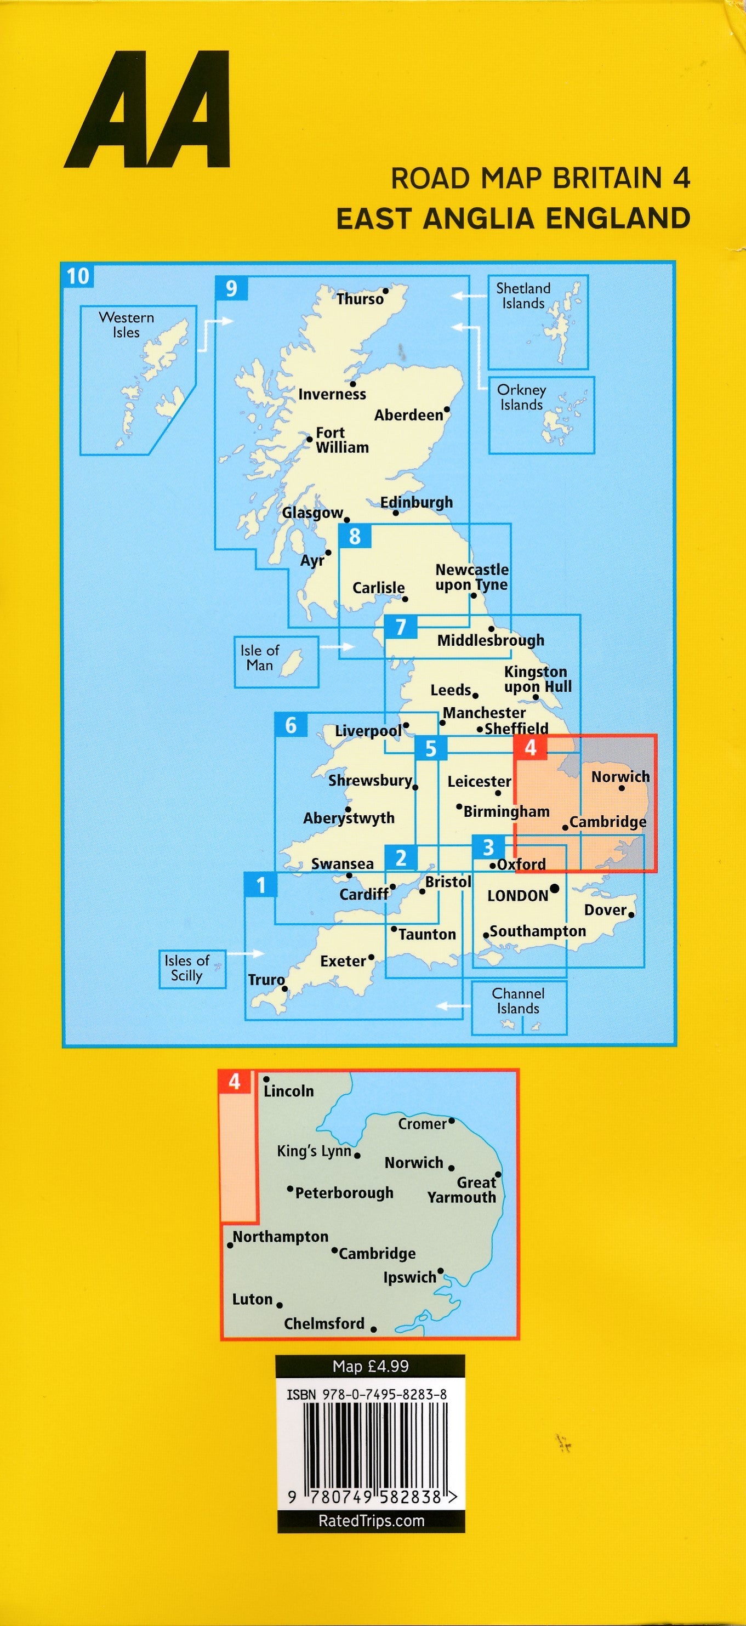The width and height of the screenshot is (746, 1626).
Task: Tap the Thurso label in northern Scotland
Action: click(360, 299)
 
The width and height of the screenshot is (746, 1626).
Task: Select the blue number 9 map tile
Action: click(231, 288)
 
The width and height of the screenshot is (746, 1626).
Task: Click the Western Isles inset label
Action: click(126, 325)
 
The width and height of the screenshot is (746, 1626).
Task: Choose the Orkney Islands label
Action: click(521, 397)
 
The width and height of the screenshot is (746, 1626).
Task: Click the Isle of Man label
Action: click(259, 657)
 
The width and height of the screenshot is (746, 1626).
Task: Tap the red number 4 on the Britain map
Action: click(530, 747)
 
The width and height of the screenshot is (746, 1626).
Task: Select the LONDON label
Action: click(517, 895)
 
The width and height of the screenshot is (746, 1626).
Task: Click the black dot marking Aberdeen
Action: click(447, 409)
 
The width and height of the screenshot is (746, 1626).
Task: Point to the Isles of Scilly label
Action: click(186, 968)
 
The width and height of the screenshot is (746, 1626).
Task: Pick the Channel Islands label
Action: click(517, 1000)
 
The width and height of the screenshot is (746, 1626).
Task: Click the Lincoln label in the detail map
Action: click(288, 1091)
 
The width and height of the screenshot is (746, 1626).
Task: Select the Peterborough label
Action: click(344, 1192)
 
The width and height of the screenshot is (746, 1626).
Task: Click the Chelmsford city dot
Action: click(374, 1329)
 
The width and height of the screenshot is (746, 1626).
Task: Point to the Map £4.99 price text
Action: click(371, 1366)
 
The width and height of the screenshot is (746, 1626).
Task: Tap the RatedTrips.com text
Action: click(371, 1521)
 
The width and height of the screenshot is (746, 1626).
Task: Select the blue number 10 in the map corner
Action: click(78, 276)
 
